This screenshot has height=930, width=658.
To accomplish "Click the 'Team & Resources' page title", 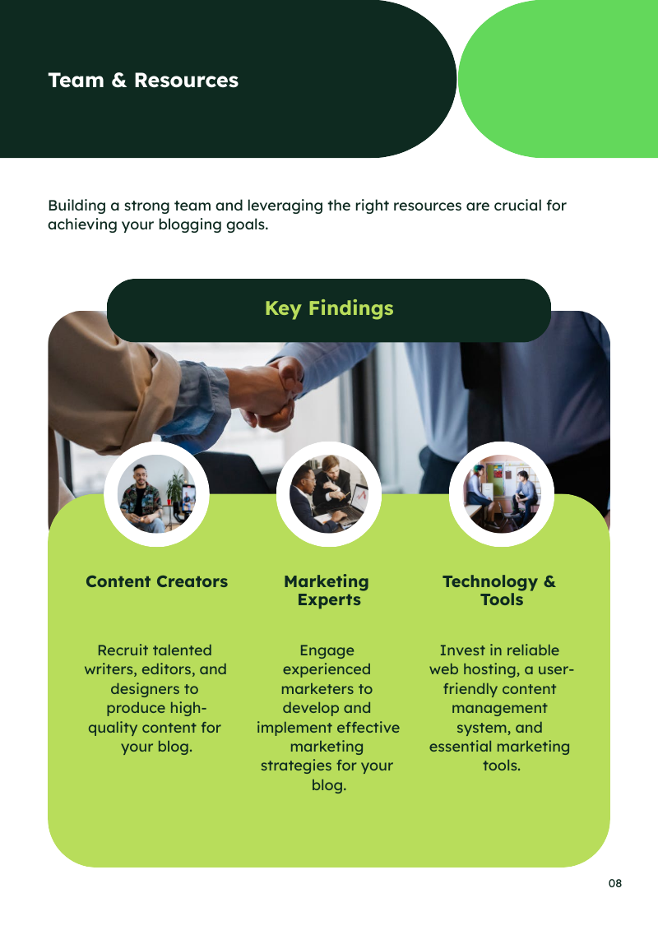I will coord(143,81).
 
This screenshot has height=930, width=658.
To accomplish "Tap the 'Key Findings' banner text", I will coord(329,308).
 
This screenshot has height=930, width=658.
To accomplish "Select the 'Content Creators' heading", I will coord(156,581).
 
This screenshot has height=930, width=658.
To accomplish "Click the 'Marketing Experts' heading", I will coord(327,590).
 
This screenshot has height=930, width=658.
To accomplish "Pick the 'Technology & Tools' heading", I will coord(499,590).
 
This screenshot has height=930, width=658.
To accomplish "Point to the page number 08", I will coord(615,883).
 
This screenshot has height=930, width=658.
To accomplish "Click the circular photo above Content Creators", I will coord(156,494).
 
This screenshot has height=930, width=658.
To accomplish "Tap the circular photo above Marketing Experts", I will coord(329,494).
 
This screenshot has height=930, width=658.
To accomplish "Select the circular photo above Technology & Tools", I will coord(502,494).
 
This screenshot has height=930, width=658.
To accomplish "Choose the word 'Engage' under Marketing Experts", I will coord(327,650).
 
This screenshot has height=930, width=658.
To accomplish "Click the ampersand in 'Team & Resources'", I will coord(119,81).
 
